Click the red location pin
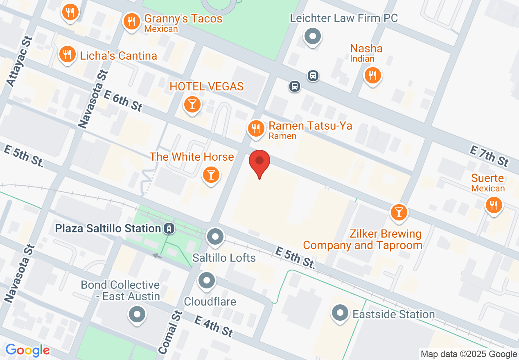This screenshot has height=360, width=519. click(259, 162)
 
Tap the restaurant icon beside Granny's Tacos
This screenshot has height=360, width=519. click(131, 21)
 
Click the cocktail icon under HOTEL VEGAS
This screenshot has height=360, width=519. click(192, 104)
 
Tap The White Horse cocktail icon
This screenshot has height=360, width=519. click(211, 175)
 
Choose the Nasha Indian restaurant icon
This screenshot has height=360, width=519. click(372, 75)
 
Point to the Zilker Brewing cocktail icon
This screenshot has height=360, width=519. click(399, 212)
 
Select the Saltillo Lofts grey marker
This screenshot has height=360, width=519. click(215, 236)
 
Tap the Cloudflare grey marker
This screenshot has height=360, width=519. click(207, 281)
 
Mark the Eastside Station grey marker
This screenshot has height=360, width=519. click(340, 314)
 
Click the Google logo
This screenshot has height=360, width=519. click(28, 350)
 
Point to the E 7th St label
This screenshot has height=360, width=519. click(489, 156)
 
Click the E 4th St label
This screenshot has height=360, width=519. click(213, 326)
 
